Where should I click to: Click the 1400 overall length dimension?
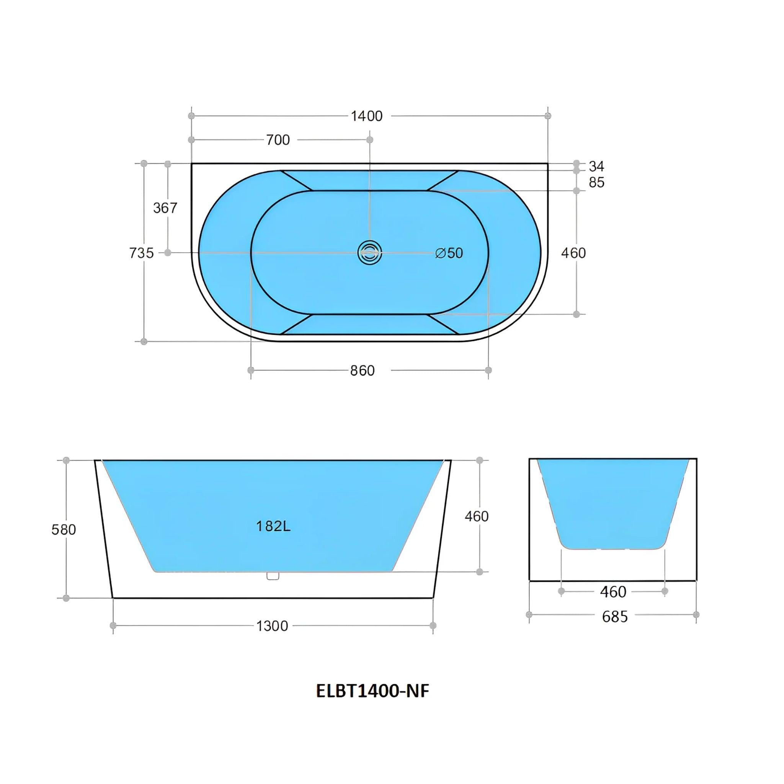click(x=366, y=116)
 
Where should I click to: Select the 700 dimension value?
click(x=278, y=140)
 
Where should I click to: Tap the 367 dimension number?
click(x=165, y=208)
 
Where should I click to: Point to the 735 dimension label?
click(x=141, y=253)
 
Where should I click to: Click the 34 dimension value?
click(x=596, y=167)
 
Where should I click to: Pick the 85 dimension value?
click(x=596, y=183)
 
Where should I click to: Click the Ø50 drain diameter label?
click(x=449, y=253)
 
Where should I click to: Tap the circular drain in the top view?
click(x=370, y=253)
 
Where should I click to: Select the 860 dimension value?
click(x=363, y=371)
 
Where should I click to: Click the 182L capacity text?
click(x=273, y=526)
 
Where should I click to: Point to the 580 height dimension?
click(x=64, y=529)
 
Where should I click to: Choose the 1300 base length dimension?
click(x=272, y=626)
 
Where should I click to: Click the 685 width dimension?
click(x=615, y=616)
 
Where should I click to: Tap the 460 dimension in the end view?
click(x=613, y=592)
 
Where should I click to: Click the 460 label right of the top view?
click(x=573, y=253)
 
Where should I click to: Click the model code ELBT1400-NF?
click(x=372, y=691)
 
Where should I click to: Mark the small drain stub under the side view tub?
click(x=273, y=575)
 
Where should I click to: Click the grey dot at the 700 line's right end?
click(x=370, y=140)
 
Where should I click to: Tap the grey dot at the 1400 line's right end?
click(x=548, y=116)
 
